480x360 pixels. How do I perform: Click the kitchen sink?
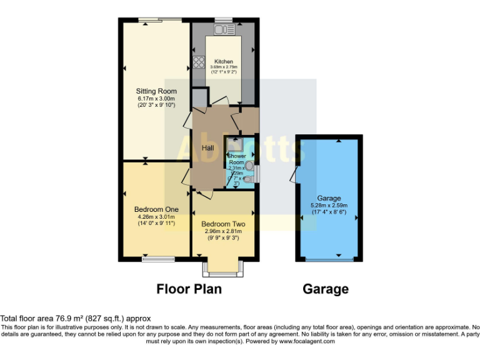click(224, 29)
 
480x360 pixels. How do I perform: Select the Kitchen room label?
click(224, 62)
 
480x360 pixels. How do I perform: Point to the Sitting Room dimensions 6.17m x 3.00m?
click(156, 99)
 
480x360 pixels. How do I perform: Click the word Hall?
click(209, 147)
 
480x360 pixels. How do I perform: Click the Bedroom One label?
click(156, 209)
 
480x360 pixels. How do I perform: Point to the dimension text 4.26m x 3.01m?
click(156, 216)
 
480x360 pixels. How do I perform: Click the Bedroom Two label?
click(223, 224)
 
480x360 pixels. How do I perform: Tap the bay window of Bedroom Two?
click(223, 269)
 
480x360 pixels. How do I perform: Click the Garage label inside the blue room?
click(329, 198)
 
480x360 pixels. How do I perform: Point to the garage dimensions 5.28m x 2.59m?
click(329, 205)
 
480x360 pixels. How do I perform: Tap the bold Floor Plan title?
click(189, 289)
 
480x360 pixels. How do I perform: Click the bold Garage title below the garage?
click(326, 289)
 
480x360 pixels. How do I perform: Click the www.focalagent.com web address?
click(307, 341)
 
